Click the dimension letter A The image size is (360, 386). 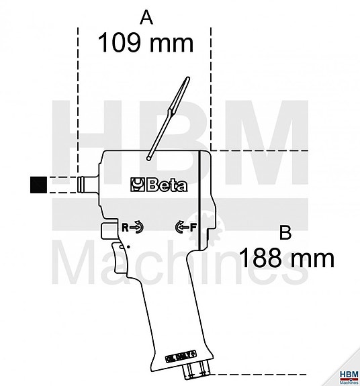click(x=145, y=17)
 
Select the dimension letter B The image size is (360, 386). click(x=285, y=232)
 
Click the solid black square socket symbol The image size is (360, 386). click(x=38, y=185)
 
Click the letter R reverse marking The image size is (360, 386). click(x=125, y=228)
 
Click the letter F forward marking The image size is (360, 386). click(x=193, y=226)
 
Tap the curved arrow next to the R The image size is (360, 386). click(x=136, y=228)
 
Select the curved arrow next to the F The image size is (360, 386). click(x=181, y=227)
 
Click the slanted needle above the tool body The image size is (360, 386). click(x=166, y=117)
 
